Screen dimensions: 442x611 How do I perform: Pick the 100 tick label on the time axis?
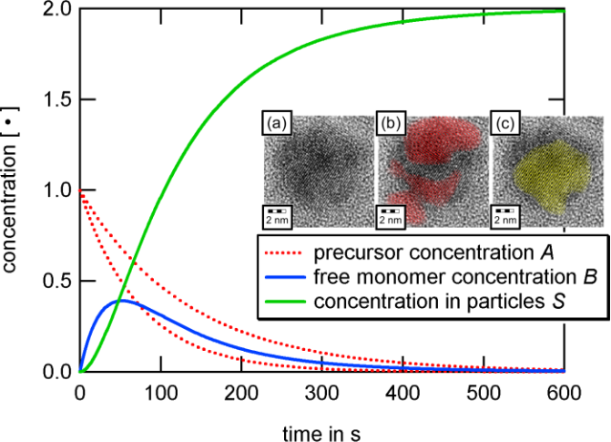[x=161, y=391]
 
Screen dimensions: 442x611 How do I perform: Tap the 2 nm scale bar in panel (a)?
[x=278, y=216]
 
